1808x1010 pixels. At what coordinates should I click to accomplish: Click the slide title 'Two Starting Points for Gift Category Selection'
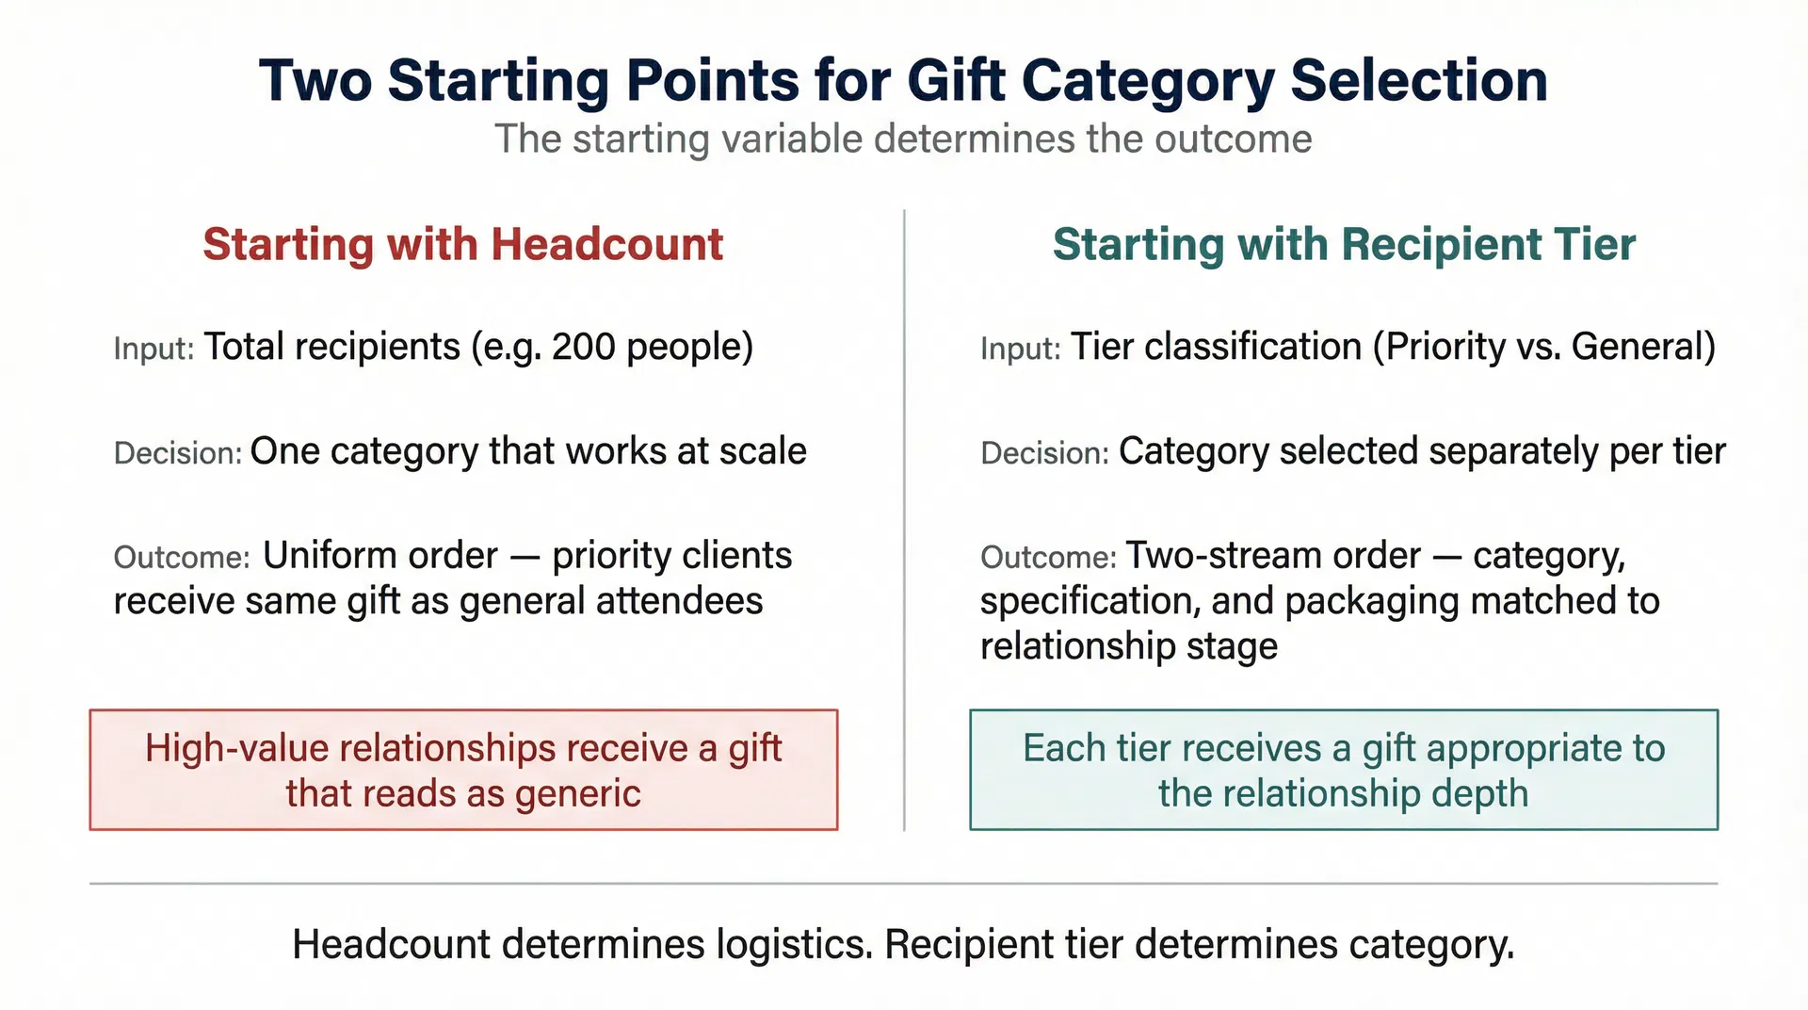pos(903,80)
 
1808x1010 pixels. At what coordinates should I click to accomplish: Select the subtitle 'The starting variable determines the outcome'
pos(903,139)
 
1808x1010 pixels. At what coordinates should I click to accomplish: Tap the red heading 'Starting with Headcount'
pos(462,245)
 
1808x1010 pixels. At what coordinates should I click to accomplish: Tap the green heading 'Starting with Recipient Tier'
pos(1344,245)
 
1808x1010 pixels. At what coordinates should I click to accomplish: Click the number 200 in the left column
pos(583,348)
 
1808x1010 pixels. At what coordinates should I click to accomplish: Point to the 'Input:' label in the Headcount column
pos(153,349)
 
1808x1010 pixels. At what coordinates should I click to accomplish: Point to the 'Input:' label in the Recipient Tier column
pos(1020,349)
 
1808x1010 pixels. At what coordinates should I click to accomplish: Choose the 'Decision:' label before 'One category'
pos(178,453)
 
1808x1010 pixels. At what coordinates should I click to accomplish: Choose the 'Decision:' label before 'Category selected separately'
pos(1044,453)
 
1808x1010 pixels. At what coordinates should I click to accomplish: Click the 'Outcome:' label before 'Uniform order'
pos(181,558)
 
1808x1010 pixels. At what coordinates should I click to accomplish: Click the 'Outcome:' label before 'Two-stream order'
pos(1047,558)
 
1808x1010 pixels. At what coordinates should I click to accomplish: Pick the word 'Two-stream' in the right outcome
pos(1218,556)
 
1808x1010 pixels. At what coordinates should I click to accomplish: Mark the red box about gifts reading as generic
pos(463,770)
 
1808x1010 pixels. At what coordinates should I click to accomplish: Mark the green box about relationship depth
pos(1344,770)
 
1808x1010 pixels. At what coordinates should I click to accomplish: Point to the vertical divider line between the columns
pos(904,518)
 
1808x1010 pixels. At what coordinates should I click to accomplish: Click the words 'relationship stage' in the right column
pos(1128,646)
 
